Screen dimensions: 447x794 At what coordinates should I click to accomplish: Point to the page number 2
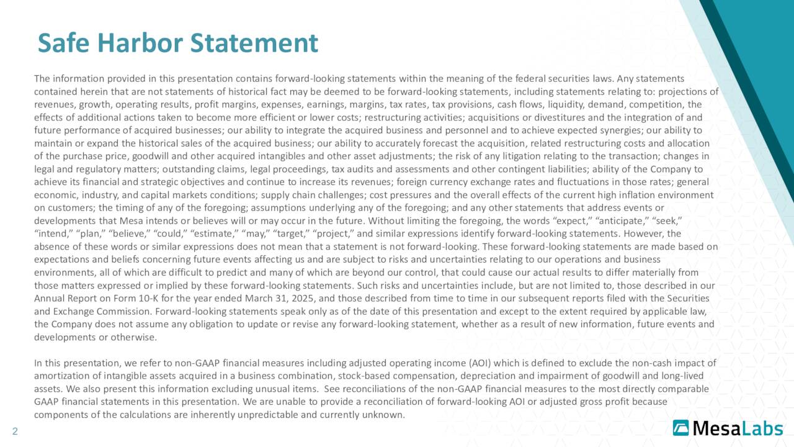15,431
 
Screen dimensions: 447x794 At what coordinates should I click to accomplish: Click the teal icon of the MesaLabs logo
681,428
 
